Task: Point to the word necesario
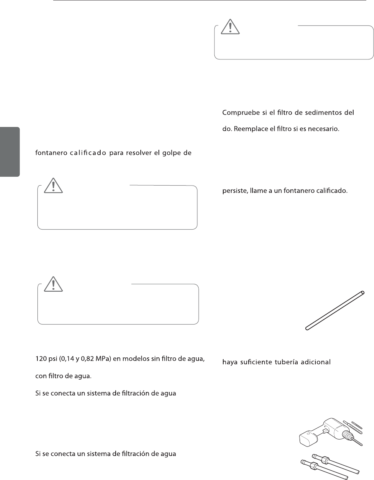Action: tap(324, 128)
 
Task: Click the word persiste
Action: tap(235, 191)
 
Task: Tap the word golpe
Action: tap(170, 153)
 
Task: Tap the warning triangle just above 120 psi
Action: tap(54, 284)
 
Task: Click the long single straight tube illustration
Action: tap(335, 310)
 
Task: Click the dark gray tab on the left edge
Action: tap(10, 151)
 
